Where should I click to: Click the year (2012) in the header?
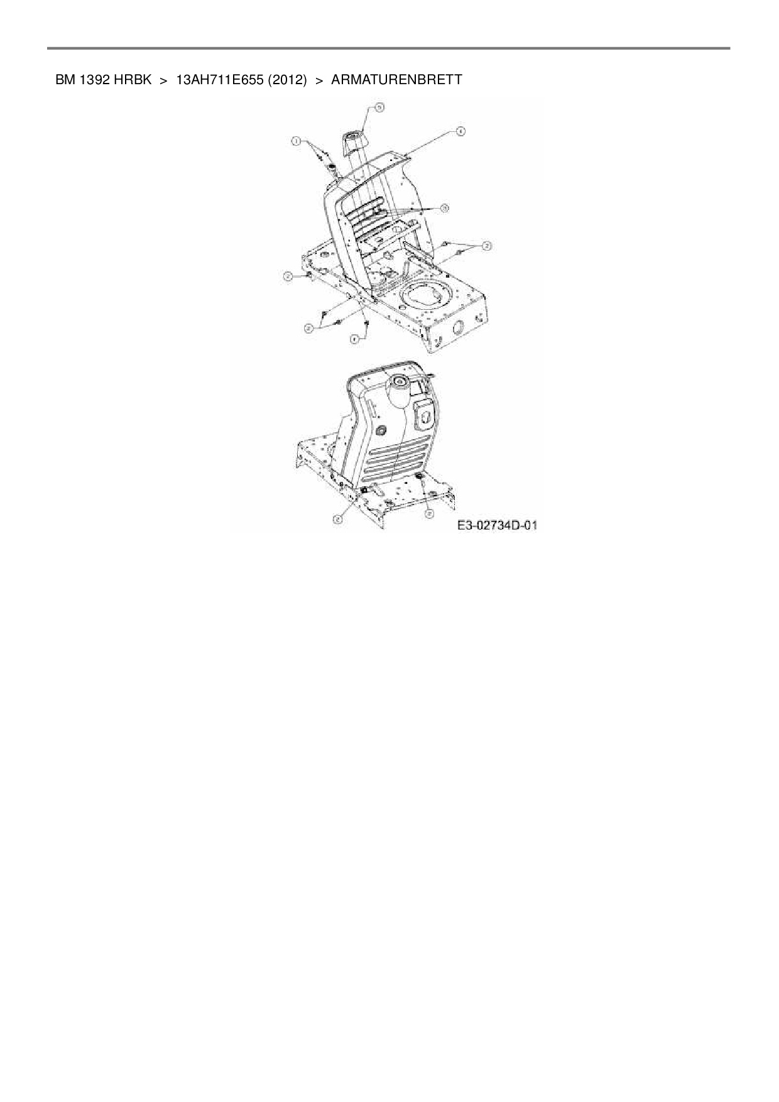[287, 80]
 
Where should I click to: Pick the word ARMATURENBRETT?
[396, 80]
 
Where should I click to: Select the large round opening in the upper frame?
[428, 294]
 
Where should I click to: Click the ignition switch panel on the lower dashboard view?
[425, 415]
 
